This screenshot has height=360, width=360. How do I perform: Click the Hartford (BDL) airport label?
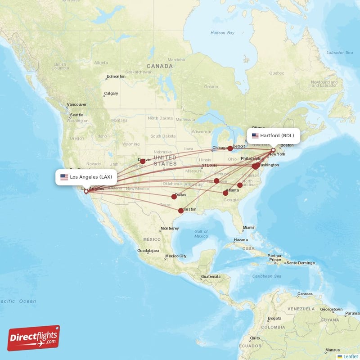click(273, 135)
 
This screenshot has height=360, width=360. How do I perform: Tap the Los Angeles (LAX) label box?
click(87, 177)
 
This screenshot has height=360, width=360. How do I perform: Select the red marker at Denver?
click(143, 161)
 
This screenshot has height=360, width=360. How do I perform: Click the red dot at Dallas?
click(174, 197)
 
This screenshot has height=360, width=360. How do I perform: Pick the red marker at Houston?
click(181, 211)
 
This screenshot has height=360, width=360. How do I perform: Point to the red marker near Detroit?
click(230, 148)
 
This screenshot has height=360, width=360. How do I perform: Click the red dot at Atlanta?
click(225, 193)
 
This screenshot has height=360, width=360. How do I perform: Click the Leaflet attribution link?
click(351, 356)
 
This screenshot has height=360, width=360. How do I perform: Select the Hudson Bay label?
click(223, 33)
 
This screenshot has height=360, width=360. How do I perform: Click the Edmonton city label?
click(116, 76)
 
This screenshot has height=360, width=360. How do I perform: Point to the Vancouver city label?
click(76, 104)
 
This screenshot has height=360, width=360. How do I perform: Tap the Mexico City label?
click(175, 256)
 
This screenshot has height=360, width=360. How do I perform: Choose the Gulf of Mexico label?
click(201, 234)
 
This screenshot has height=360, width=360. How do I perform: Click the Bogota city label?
click(274, 318)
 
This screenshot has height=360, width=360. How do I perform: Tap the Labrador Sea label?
click(340, 53)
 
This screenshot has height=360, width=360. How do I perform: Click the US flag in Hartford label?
click(255, 135)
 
